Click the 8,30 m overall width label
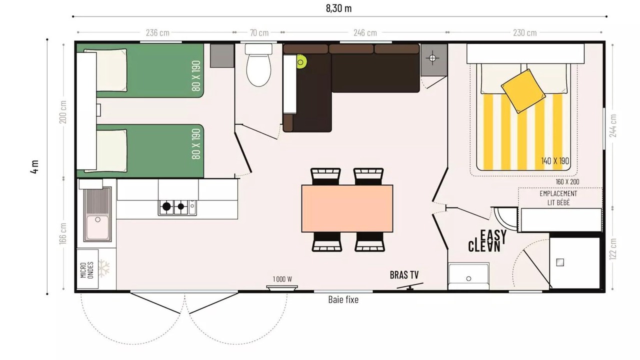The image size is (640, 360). pyautogui.click(x=338, y=8)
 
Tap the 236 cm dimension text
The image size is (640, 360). pyautogui.click(x=157, y=33)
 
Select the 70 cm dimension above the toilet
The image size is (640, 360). pyautogui.click(x=259, y=33)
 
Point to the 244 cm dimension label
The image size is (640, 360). pyautogui.click(x=613, y=125)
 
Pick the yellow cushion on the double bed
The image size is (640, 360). pyautogui.click(x=523, y=91)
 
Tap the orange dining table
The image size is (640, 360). pyautogui.click(x=347, y=208)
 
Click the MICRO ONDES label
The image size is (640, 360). pyautogui.click(x=87, y=269)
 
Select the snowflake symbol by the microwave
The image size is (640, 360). pyautogui.click(x=104, y=268)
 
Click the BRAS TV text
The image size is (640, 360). pyautogui.click(x=404, y=275)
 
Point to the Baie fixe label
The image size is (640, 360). pyautogui.click(x=343, y=299)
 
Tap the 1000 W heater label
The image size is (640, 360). pyautogui.click(x=282, y=279)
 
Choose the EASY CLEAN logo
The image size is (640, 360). pyautogui.click(x=487, y=241)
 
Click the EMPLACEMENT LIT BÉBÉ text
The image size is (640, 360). pyautogui.click(x=558, y=198)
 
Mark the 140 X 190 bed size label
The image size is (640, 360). pyautogui.click(x=555, y=161)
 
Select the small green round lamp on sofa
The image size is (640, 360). pyautogui.click(x=300, y=61)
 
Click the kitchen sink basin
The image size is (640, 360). pyautogui.click(x=97, y=227)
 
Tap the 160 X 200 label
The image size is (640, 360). pyautogui.click(x=567, y=181)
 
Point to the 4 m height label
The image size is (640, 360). pyautogui.click(x=34, y=167)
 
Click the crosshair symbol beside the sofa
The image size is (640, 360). pyautogui.click(x=432, y=58)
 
